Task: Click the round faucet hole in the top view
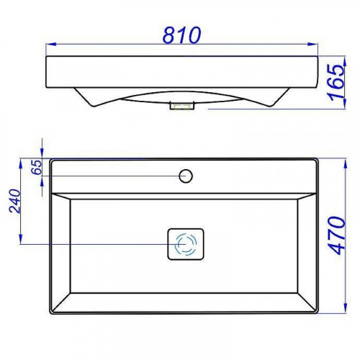coord(186,175)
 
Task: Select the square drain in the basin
coord(186,244)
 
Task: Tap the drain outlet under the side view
coord(181,107)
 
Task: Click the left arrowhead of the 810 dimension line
coord(49,48)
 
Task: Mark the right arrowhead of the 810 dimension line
coord(315,48)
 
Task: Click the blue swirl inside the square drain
coord(186,244)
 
